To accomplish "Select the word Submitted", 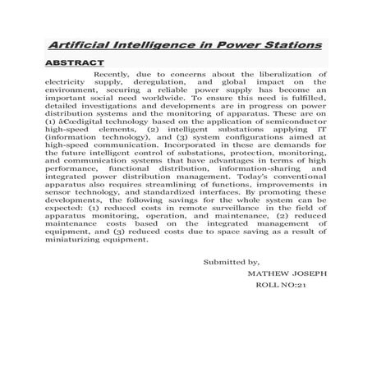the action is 223,263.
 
